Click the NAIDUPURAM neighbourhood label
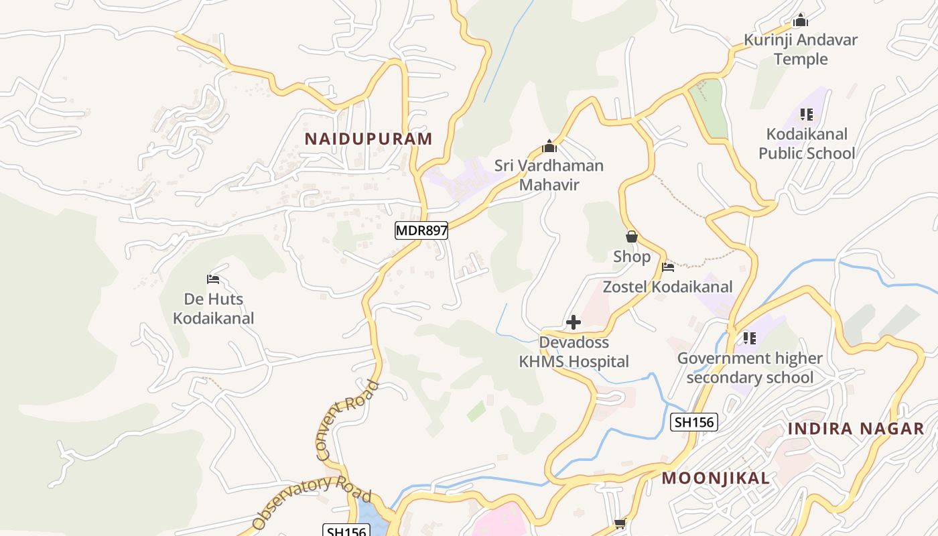(x=368, y=139)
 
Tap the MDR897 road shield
(x=421, y=230)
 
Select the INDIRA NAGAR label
(x=856, y=429)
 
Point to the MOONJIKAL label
(x=716, y=478)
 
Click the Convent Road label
(x=347, y=421)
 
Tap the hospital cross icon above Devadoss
(x=574, y=323)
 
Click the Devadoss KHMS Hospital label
(x=574, y=352)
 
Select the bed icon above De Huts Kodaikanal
(x=213, y=279)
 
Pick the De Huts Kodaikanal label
(x=214, y=308)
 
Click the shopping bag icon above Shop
(x=631, y=237)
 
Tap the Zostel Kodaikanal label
(x=667, y=287)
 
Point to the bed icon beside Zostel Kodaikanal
(x=668, y=267)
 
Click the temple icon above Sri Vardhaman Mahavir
(x=549, y=146)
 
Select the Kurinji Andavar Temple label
(x=801, y=50)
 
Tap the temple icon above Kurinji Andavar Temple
(x=799, y=20)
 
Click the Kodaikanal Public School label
(x=807, y=143)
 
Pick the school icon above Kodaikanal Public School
(x=806, y=115)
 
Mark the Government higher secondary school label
(x=750, y=368)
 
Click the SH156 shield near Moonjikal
(x=694, y=421)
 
